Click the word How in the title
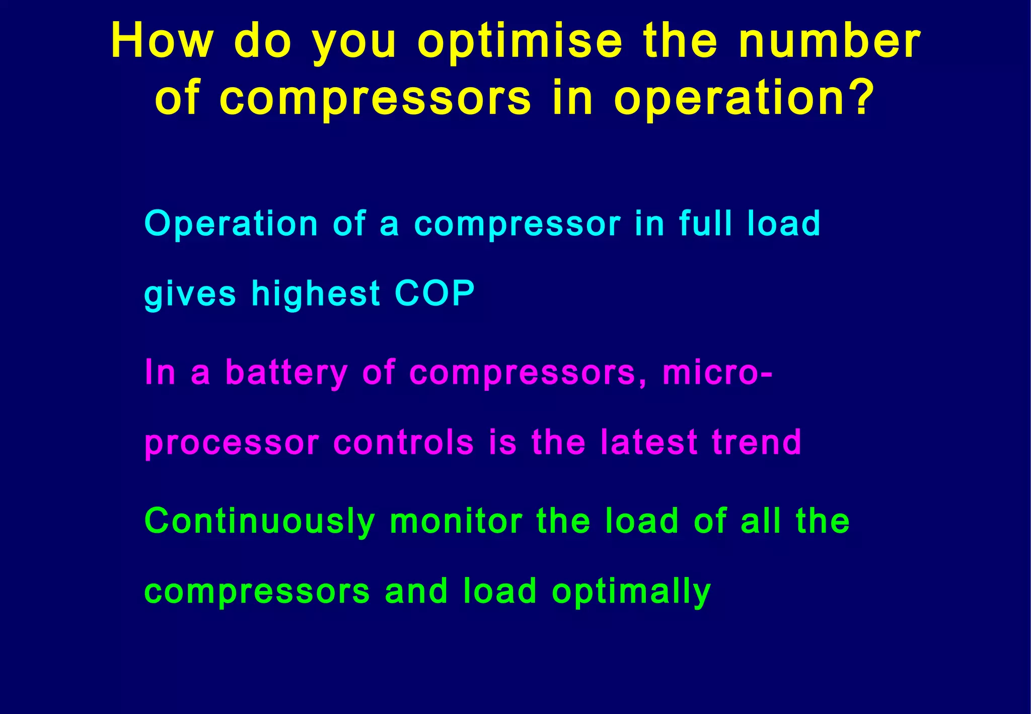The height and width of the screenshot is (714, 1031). (x=162, y=41)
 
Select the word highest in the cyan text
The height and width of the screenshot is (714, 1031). (x=316, y=294)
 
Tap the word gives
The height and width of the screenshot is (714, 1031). (x=190, y=294)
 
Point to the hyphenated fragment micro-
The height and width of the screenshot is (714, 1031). (x=717, y=372)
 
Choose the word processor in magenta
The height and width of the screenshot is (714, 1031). (x=232, y=444)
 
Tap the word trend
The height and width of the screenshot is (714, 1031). (x=756, y=442)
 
